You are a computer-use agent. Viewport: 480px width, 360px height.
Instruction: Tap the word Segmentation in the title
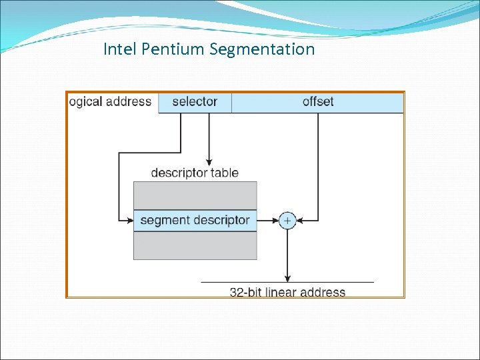[x=262, y=49]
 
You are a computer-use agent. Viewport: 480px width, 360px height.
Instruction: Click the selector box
[x=195, y=102]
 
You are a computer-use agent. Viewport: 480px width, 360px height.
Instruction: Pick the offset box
[x=317, y=102]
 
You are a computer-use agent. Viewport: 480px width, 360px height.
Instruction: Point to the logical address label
[x=111, y=102]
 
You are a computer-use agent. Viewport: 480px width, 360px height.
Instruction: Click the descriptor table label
[x=195, y=173]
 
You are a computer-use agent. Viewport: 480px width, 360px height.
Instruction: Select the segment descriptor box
[x=195, y=220]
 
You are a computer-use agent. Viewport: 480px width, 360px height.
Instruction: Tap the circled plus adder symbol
[x=287, y=220]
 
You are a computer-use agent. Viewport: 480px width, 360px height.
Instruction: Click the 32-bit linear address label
[x=287, y=292]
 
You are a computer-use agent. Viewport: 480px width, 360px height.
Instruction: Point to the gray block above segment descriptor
[x=195, y=195]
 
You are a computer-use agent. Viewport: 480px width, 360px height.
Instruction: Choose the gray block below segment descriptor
[x=195, y=245]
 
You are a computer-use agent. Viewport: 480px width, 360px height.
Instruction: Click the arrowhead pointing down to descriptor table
[x=209, y=161]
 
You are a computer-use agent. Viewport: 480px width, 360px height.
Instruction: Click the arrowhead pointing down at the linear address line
[x=287, y=278]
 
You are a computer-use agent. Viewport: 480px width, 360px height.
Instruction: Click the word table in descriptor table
[x=225, y=173]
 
